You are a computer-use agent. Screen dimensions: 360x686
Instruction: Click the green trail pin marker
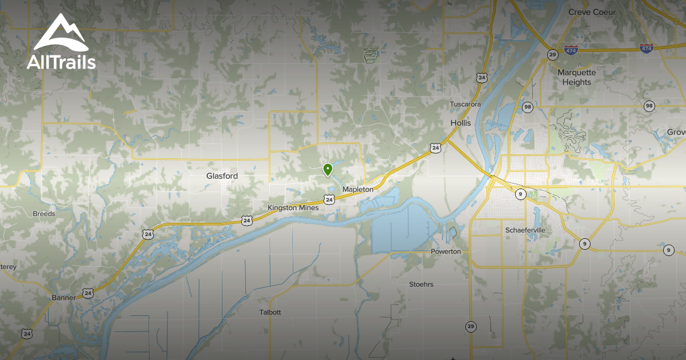(328, 170)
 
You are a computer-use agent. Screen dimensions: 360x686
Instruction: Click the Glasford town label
(222, 176)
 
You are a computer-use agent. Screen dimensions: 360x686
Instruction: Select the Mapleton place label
(357, 189)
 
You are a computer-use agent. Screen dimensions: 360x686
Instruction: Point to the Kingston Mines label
(293, 207)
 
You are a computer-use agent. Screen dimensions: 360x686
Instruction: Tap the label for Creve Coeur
(591, 11)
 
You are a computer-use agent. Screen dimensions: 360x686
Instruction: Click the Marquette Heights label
(577, 77)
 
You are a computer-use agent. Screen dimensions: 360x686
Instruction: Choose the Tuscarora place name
(465, 104)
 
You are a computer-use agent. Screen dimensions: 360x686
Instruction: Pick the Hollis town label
(460, 123)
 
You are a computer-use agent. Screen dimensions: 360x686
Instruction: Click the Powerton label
(446, 251)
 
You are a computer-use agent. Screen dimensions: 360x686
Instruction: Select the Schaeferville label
(525, 230)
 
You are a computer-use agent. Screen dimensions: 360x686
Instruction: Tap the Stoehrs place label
(421, 284)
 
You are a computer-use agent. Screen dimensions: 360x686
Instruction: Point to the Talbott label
(270, 313)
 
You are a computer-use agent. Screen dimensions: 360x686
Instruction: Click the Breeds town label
(44, 214)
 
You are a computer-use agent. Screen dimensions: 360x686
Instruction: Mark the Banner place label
(63, 298)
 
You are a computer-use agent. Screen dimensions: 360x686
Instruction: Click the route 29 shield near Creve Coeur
(552, 55)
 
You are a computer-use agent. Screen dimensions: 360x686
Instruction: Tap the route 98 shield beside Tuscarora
(527, 107)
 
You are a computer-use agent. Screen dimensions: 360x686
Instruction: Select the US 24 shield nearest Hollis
(436, 149)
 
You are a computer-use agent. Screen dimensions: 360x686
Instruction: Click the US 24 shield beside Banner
(87, 293)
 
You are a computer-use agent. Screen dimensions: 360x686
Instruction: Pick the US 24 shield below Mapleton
(329, 199)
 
